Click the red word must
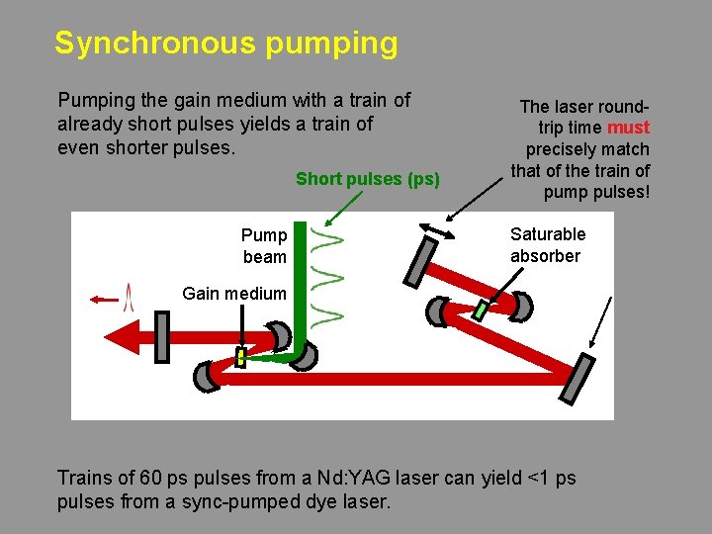click(x=628, y=128)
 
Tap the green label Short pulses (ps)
click(x=368, y=179)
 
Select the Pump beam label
click(x=264, y=245)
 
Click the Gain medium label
click(x=234, y=293)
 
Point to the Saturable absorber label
click(x=547, y=245)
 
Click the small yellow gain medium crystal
click(x=240, y=357)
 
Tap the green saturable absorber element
click(x=481, y=310)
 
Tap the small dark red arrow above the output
click(x=102, y=298)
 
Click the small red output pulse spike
click(x=127, y=297)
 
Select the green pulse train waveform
click(x=328, y=277)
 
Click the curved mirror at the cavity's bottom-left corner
click(x=208, y=375)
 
